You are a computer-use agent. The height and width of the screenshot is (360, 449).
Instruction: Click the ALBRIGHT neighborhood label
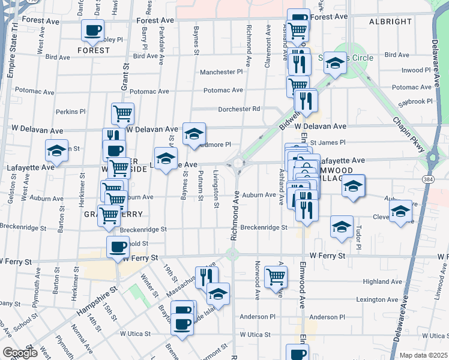[x=391, y=22]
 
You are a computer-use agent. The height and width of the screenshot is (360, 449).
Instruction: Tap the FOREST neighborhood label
[x=93, y=50]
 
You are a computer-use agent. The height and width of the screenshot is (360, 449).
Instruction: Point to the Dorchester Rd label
[x=240, y=109]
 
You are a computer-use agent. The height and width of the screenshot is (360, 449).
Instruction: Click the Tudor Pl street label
[x=358, y=238]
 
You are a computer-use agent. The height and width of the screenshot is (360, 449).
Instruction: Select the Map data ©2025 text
[x=423, y=355]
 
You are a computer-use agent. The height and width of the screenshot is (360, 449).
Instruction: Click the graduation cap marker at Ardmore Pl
[x=194, y=133]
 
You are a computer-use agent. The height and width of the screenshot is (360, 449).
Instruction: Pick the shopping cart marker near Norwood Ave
[x=276, y=277]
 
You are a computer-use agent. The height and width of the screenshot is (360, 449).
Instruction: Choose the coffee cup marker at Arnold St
[x=118, y=245]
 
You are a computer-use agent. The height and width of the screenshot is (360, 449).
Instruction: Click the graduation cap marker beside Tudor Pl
[x=342, y=227]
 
